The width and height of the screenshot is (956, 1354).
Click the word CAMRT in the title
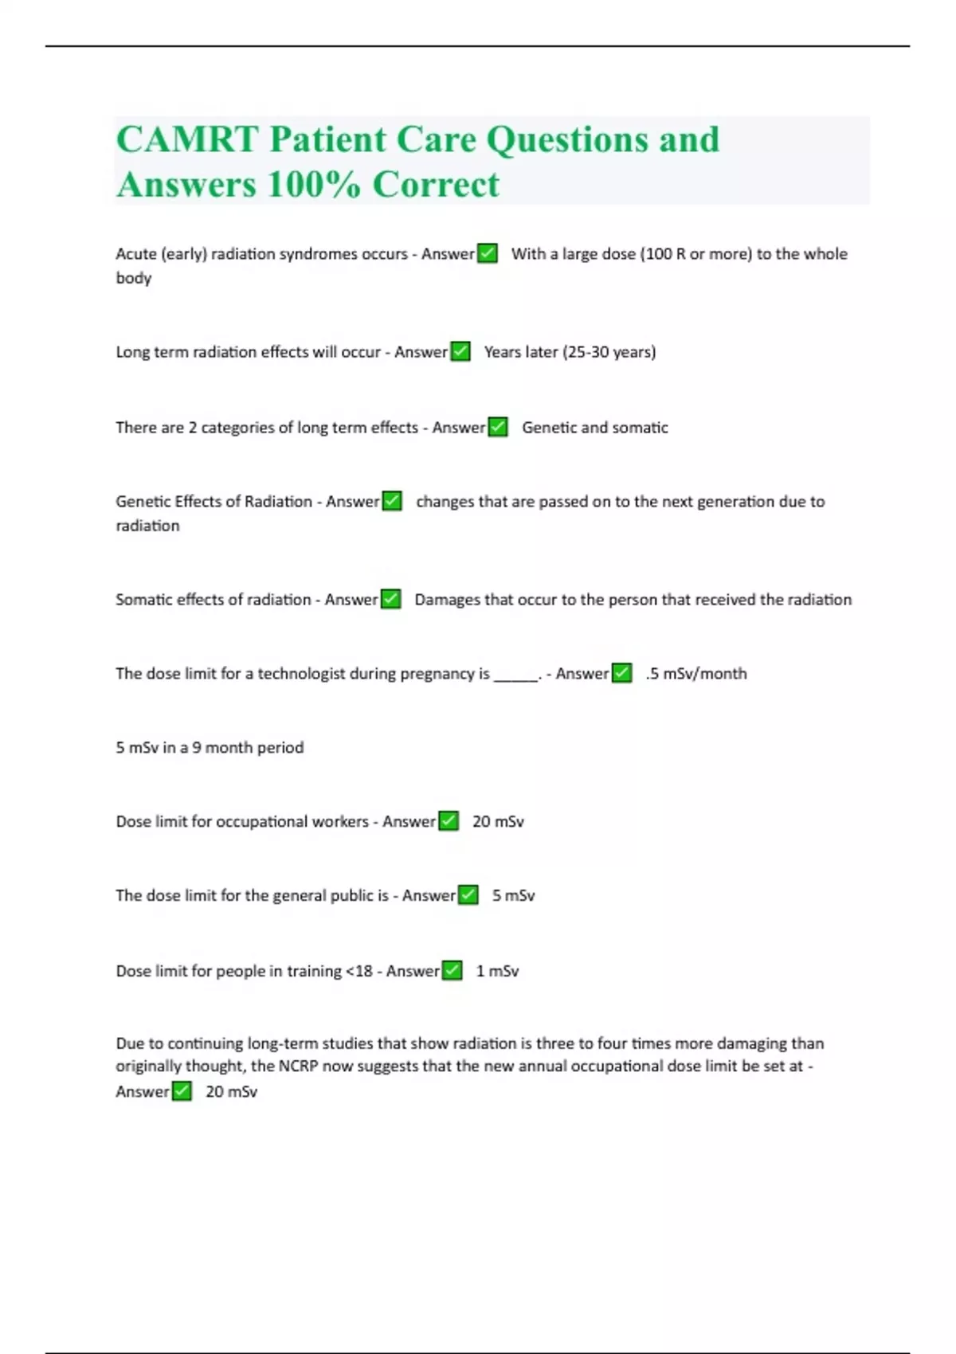pyautogui.click(x=187, y=140)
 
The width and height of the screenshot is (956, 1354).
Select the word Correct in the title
pyautogui.click(x=436, y=185)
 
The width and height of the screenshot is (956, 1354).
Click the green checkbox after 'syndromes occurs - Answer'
pyautogui.click(x=488, y=254)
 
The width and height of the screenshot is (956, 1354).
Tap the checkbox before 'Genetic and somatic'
pyautogui.click(x=498, y=428)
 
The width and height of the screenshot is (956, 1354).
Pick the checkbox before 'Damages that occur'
pyautogui.click(x=390, y=600)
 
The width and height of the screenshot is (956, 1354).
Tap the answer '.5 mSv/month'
pyautogui.click(x=696, y=674)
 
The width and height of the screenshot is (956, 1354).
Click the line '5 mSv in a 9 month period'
pyautogui.click(x=210, y=748)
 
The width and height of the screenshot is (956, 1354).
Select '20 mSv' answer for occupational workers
pyautogui.click(x=498, y=822)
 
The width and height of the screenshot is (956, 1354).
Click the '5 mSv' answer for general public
pyautogui.click(x=513, y=896)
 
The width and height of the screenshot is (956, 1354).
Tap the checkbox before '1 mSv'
pyautogui.click(x=452, y=971)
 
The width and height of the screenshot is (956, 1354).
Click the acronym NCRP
pyautogui.click(x=298, y=1066)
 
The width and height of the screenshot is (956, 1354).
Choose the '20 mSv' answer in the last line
pyautogui.click(x=231, y=1092)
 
